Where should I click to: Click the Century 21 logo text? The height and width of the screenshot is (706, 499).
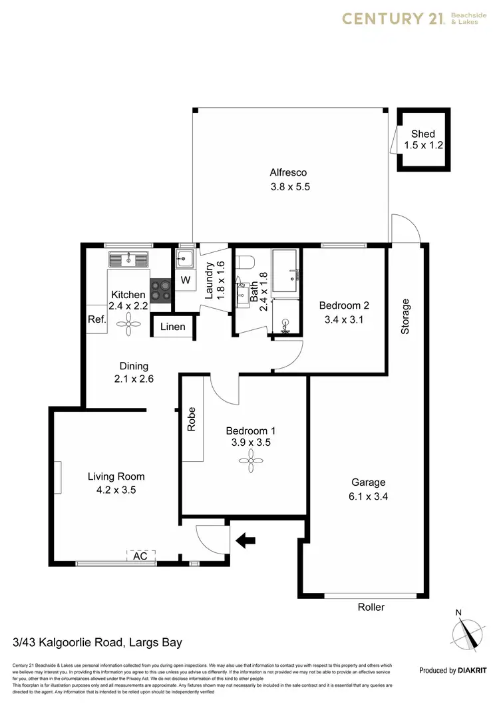[x=392, y=18]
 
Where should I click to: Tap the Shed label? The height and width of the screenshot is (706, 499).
[x=422, y=134]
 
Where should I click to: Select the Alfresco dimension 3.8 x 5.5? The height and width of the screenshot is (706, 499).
[x=290, y=187]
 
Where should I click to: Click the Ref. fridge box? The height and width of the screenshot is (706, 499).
[x=97, y=319]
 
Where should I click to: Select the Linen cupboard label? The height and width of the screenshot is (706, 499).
[x=172, y=327]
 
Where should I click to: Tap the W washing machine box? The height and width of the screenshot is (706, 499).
[x=186, y=281]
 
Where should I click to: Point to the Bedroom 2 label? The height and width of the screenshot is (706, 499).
[x=343, y=305]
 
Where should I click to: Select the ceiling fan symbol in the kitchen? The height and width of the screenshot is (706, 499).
[x=128, y=324]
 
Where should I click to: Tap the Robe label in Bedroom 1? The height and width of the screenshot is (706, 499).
[x=192, y=420]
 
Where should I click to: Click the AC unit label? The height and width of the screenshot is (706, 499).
[x=140, y=555]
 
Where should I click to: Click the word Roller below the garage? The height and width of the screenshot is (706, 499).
[x=371, y=607]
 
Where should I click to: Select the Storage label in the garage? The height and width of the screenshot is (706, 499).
[x=405, y=316]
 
